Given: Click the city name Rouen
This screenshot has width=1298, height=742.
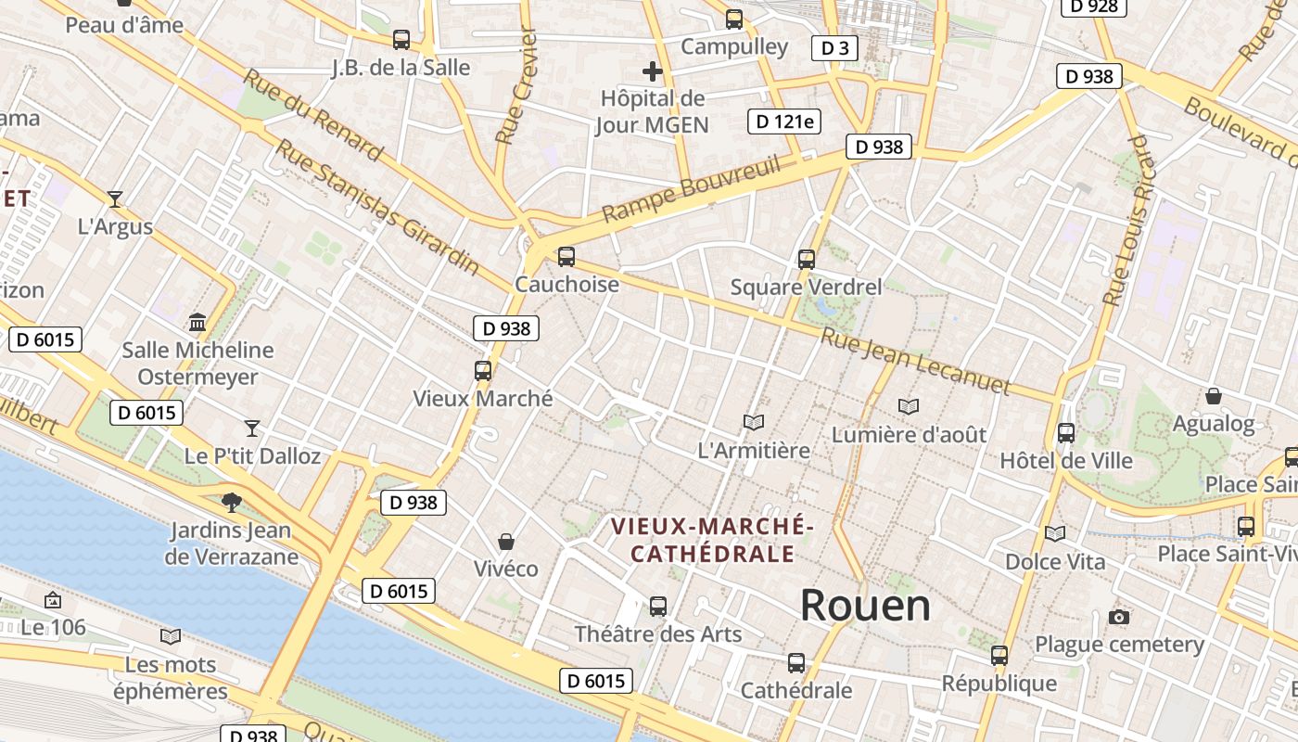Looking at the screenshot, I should point(865,606).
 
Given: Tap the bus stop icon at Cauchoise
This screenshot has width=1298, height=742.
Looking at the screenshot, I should point(566,257).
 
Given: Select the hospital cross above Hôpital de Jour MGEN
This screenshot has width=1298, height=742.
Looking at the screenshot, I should point(653,71).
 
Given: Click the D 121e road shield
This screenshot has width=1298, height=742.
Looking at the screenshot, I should point(784,122).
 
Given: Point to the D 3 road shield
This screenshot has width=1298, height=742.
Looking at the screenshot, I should point(834,48).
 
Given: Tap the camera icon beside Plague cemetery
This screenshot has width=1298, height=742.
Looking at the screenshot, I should point(1119,618).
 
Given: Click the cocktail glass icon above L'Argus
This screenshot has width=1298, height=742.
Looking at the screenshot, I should point(115,198).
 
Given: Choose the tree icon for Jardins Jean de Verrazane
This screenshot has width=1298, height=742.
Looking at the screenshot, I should point(231,503).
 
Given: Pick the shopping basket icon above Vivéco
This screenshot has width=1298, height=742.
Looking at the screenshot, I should point(506,542).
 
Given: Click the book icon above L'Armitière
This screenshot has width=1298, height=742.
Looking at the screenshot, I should point(754,423).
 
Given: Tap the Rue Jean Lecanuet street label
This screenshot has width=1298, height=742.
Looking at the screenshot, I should point(914,361).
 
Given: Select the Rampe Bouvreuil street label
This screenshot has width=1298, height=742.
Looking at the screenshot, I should point(690,190).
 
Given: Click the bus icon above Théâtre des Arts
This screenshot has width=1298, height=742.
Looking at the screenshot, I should point(658,607).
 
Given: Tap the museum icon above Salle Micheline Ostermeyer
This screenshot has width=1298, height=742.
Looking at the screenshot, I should point(197,323).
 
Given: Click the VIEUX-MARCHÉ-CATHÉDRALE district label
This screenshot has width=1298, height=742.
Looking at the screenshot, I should point(712,541).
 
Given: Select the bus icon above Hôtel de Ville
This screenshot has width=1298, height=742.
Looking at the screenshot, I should point(1066,432).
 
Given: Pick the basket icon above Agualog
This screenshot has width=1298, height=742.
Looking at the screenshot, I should point(1213,397).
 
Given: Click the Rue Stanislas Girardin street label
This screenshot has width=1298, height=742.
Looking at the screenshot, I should point(377,208).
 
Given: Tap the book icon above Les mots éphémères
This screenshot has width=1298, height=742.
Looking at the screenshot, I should point(170,637).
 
